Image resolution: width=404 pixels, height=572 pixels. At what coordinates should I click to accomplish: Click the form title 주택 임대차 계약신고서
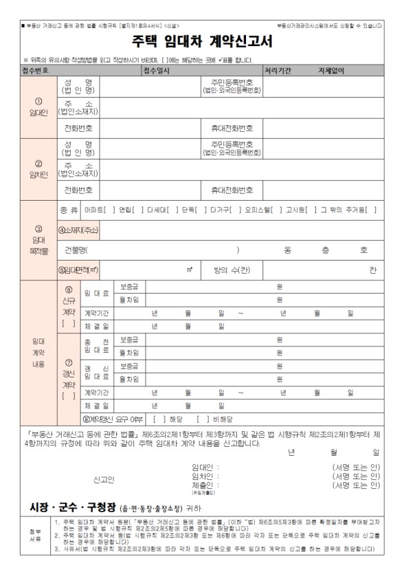click(x=202, y=42)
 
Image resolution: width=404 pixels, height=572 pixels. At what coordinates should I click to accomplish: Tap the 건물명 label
click(x=76, y=250)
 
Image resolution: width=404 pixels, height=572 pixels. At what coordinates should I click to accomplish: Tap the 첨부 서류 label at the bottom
click(x=35, y=535)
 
